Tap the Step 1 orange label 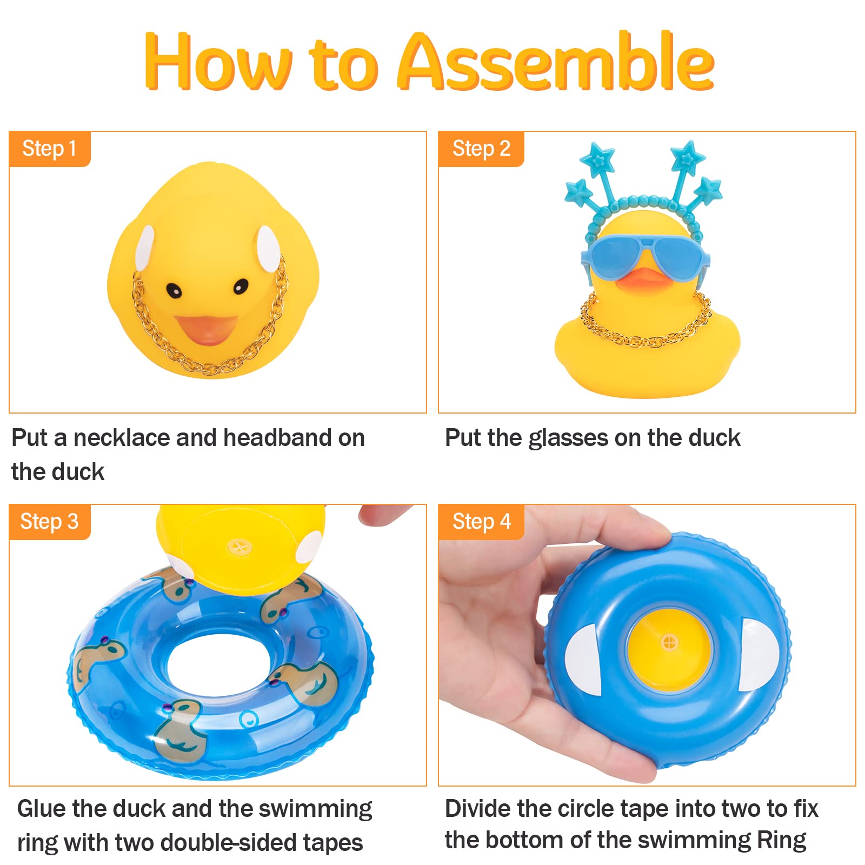[x=50, y=149]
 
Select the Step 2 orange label [x=481, y=149]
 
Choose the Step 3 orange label [x=50, y=522]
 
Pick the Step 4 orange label [x=481, y=522]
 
